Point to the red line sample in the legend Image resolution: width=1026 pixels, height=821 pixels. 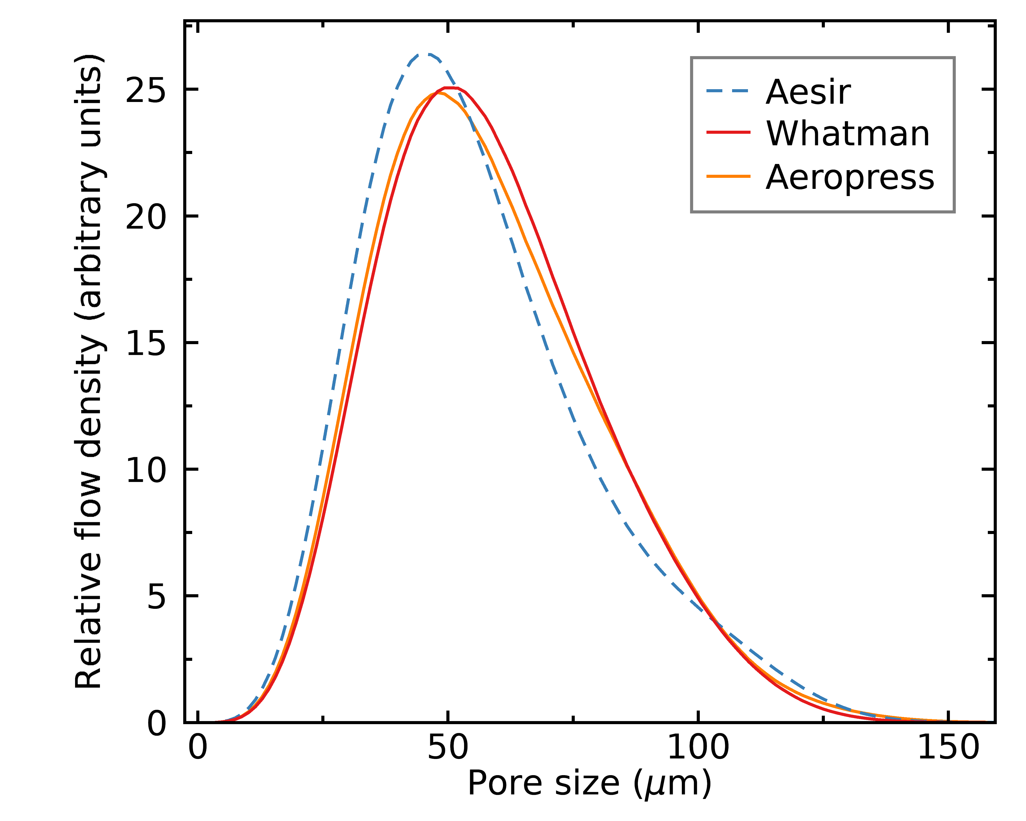(728, 132)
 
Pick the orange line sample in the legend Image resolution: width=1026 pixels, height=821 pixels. (728, 176)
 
